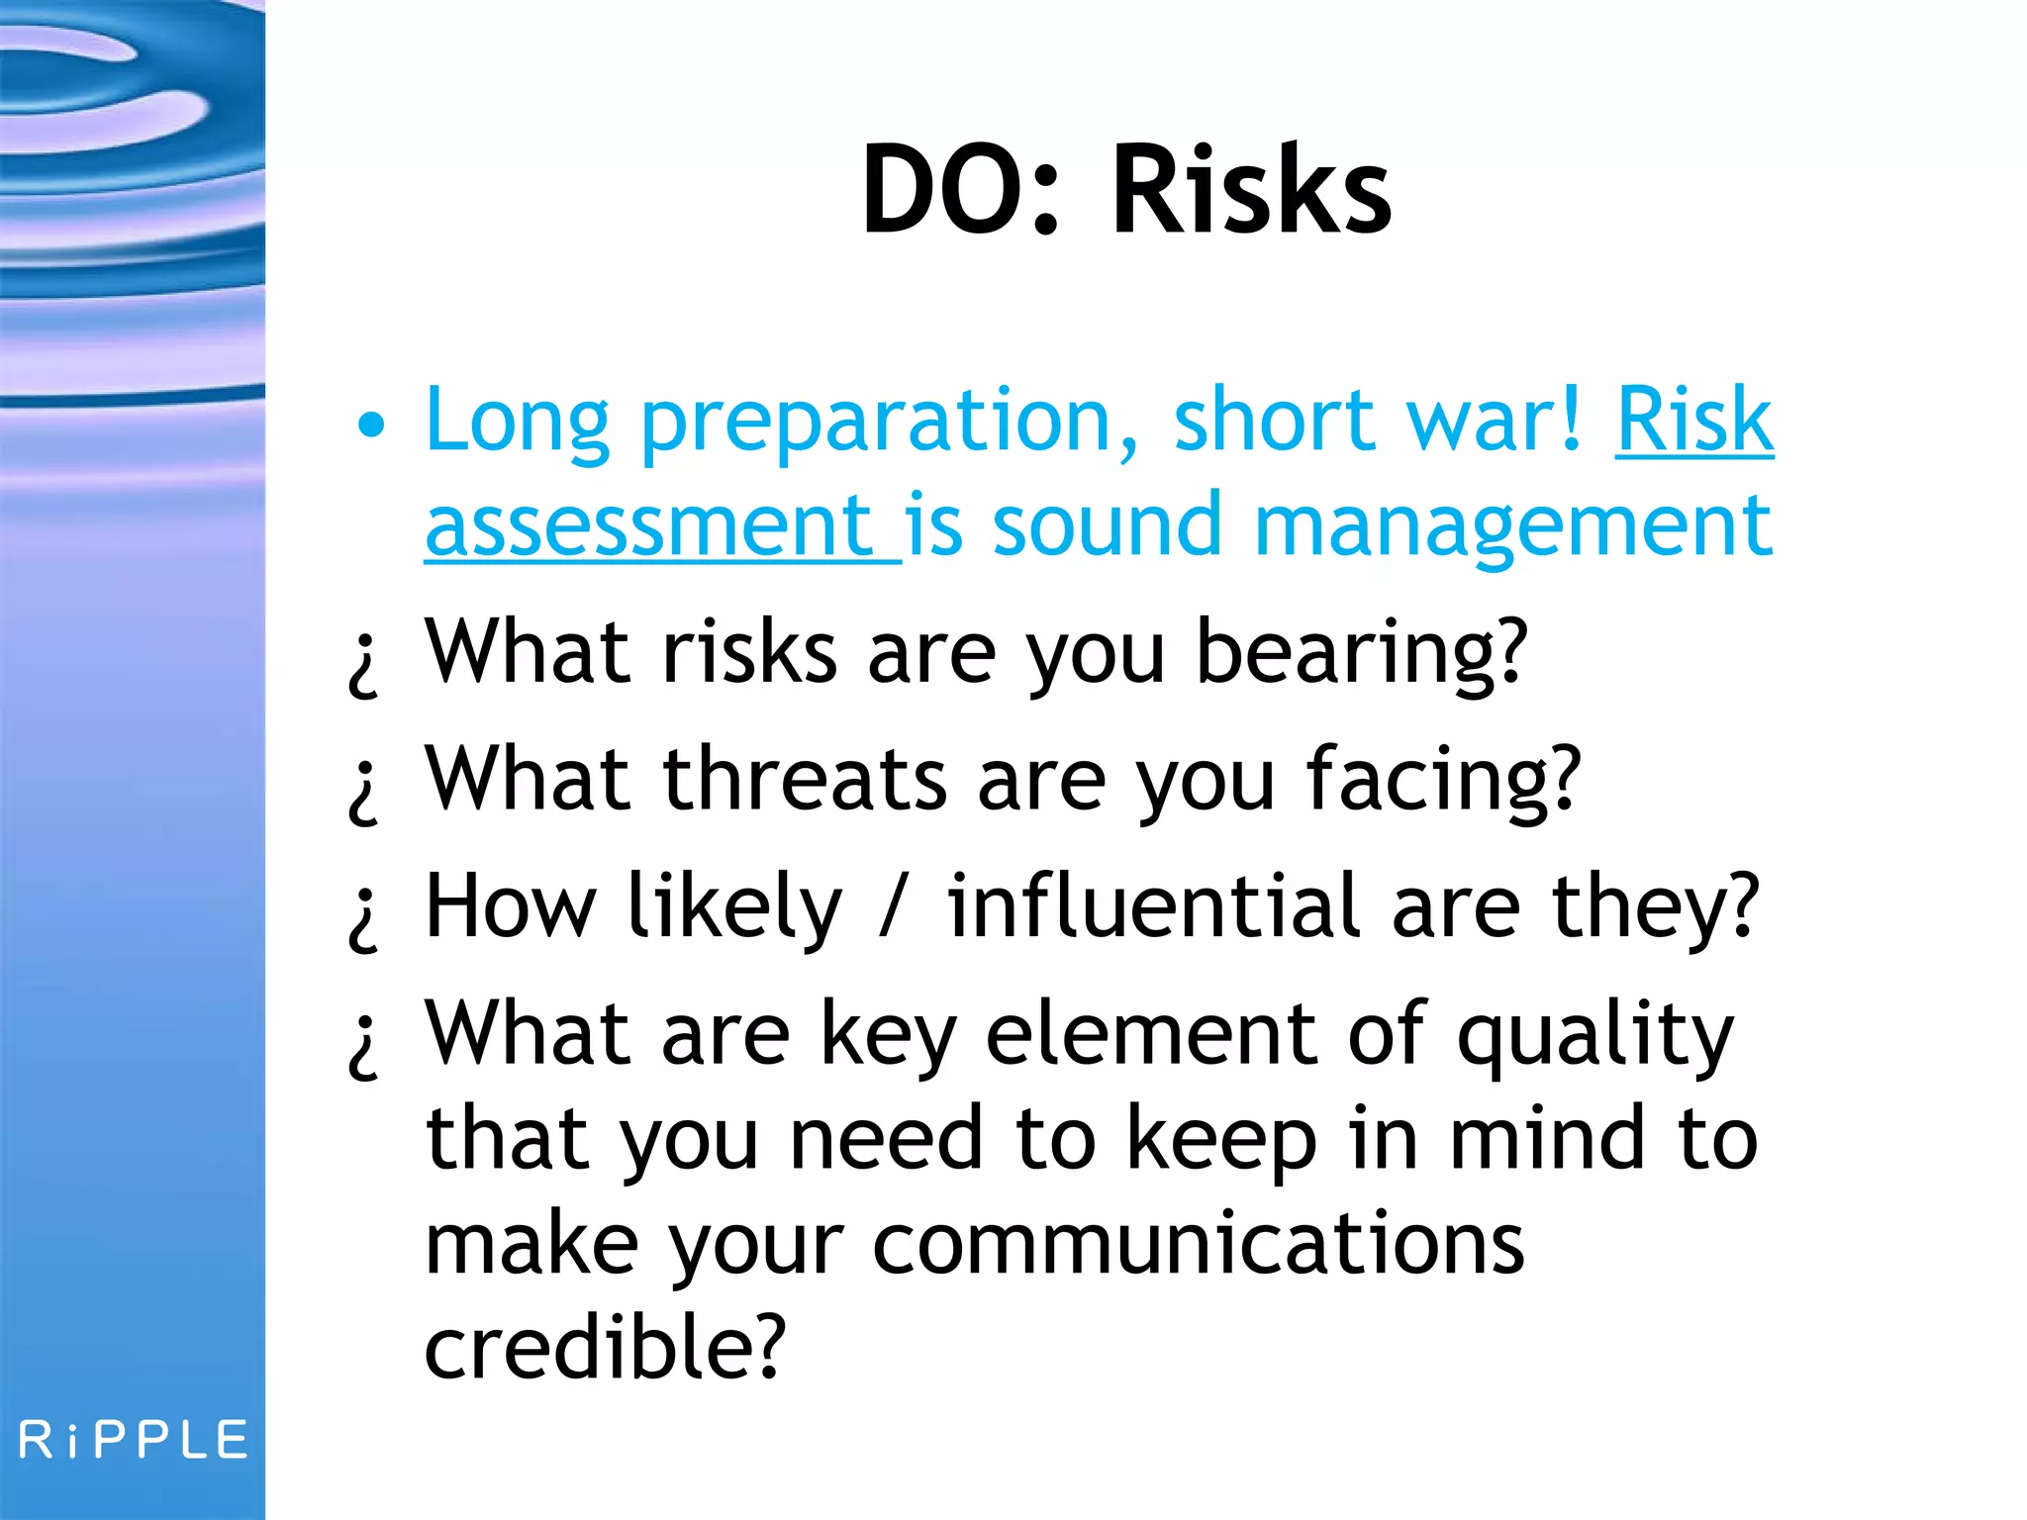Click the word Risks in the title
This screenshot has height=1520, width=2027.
(x=1252, y=190)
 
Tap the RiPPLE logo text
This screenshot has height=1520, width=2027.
(x=134, y=1440)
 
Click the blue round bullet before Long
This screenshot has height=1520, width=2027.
(x=371, y=426)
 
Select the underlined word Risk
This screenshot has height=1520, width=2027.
(x=1693, y=421)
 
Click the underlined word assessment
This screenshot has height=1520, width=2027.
(x=648, y=526)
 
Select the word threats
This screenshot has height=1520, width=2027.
(x=805, y=780)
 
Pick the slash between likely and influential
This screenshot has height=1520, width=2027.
(x=893, y=905)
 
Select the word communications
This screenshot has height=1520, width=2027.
(x=1198, y=1245)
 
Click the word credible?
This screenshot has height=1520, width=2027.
(x=605, y=1348)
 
